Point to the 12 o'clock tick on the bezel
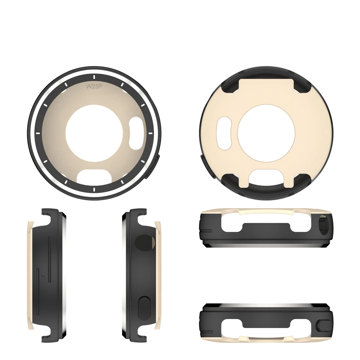[x=94, y=76]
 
